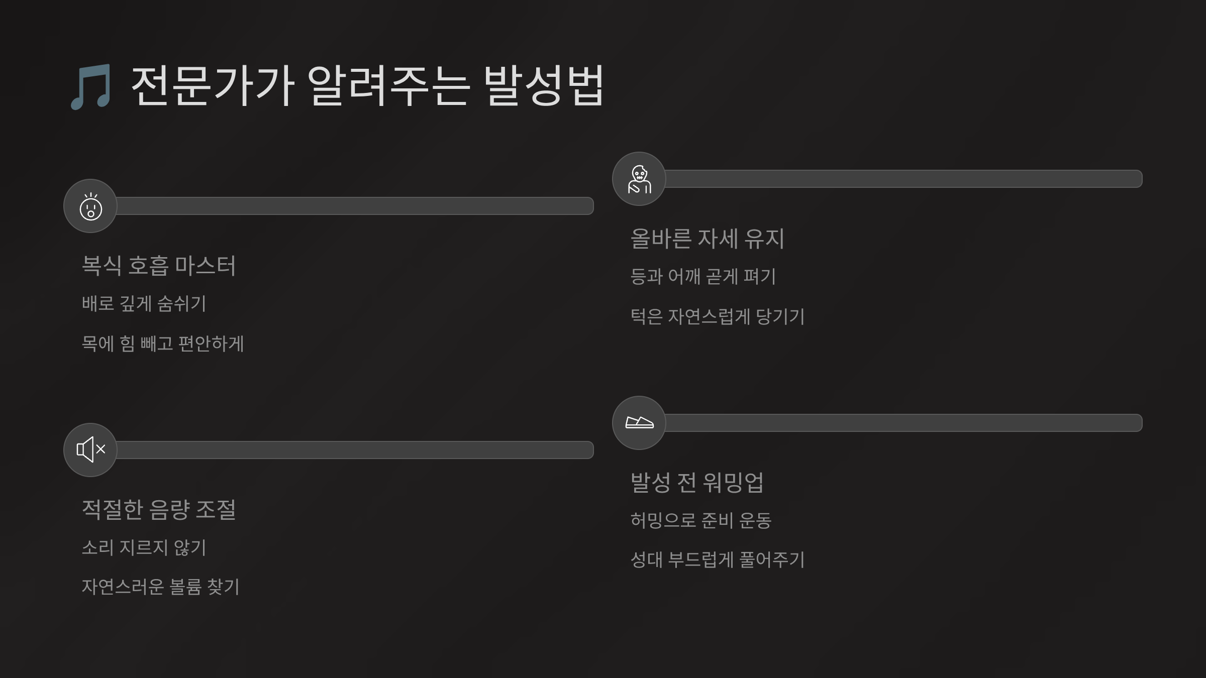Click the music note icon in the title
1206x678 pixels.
pyautogui.click(x=90, y=87)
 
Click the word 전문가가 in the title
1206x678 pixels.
pyautogui.click(x=213, y=86)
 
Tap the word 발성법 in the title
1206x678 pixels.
pyautogui.click(x=544, y=86)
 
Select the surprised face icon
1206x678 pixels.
pyautogui.click(x=90, y=206)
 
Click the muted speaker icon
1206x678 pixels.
pyautogui.click(x=90, y=449)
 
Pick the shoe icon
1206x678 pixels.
pyautogui.click(x=639, y=423)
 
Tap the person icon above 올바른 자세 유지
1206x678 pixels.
pyautogui.click(x=639, y=179)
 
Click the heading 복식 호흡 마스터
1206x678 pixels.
pyautogui.click(x=159, y=265)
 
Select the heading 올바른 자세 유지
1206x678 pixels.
pyautogui.click(x=708, y=238)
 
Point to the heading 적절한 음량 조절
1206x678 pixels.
pyautogui.click(x=159, y=509)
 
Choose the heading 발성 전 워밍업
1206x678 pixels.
pyautogui.click(x=697, y=482)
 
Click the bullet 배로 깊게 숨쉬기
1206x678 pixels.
pyautogui.click(x=144, y=303)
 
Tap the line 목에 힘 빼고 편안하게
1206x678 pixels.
pyautogui.click(x=163, y=344)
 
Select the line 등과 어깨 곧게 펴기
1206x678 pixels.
pyautogui.click(x=703, y=276)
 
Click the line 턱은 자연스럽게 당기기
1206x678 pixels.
pyautogui.click(x=718, y=316)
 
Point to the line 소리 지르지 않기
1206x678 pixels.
pyautogui.click(x=144, y=547)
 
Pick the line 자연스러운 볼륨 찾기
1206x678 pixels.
pyautogui.click(x=161, y=587)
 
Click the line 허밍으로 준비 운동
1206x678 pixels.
pyautogui.click(x=701, y=520)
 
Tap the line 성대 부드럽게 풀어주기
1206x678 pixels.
pyautogui.click(x=718, y=559)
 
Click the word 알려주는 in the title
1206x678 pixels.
pyautogui.click(x=388, y=86)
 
